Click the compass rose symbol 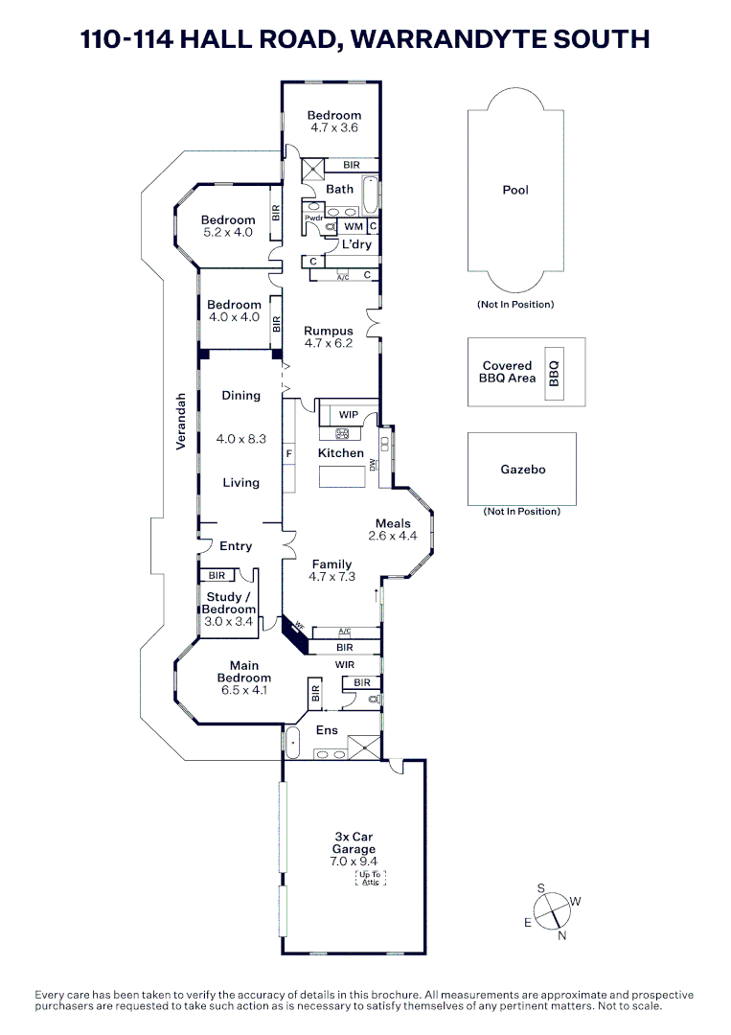pyautogui.click(x=552, y=911)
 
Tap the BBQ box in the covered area pyautogui.click(x=553, y=372)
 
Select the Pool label pyautogui.click(x=515, y=190)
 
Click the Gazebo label pyautogui.click(x=522, y=470)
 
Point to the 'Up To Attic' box pyautogui.click(x=371, y=878)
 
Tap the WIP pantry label pyautogui.click(x=349, y=414)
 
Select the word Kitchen pyautogui.click(x=341, y=453)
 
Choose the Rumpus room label pyautogui.click(x=329, y=330)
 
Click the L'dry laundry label pyautogui.click(x=356, y=244)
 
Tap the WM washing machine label pyautogui.click(x=354, y=227)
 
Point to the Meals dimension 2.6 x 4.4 pyautogui.click(x=393, y=536)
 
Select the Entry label pyautogui.click(x=236, y=546)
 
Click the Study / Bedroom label pyautogui.click(x=229, y=603)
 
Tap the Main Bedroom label pyautogui.click(x=243, y=672)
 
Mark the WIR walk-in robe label pyautogui.click(x=345, y=663)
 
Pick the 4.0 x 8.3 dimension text pyautogui.click(x=240, y=439)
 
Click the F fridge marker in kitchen pyautogui.click(x=288, y=452)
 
